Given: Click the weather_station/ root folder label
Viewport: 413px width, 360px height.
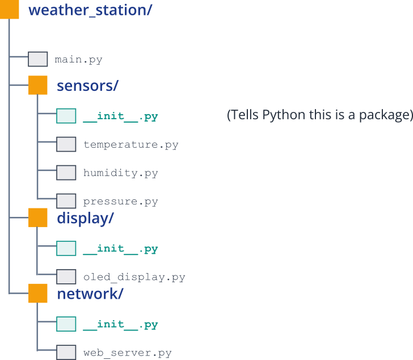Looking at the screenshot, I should click(90, 10).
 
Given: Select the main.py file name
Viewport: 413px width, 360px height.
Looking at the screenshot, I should click(78, 59).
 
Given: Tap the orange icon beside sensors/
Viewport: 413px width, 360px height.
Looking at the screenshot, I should click(38, 85).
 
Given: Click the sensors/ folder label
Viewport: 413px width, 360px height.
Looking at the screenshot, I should click(87, 86).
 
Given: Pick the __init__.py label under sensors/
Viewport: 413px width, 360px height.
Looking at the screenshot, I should click(120, 116).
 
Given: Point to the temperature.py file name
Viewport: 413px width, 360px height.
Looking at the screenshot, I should click(130, 144).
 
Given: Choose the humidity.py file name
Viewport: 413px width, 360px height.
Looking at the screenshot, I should click(120, 173).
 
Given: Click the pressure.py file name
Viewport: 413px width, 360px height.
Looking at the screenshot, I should click(120, 201).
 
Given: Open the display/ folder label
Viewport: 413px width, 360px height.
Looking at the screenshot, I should click(85, 219).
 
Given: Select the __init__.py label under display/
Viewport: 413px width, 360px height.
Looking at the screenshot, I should click(120, 249).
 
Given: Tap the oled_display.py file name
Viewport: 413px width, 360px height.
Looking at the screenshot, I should click(134, 277).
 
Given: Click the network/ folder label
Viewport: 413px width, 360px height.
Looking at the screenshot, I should click(90, 294).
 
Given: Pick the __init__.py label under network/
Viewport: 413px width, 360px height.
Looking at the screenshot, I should click(120, 324).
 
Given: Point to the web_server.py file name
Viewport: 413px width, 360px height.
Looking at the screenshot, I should click(127, 353).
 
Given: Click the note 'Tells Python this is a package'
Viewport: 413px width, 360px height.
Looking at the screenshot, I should click(319, 115).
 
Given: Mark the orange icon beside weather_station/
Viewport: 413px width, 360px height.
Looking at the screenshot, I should click(10, 10).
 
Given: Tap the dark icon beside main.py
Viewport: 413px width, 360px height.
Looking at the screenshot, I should click(38, 59).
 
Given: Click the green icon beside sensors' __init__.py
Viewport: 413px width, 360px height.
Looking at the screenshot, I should click(66, 116).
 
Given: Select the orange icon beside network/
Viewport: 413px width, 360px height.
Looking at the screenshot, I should click(38, 294).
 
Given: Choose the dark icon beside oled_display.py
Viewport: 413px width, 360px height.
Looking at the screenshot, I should click(66, 277).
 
